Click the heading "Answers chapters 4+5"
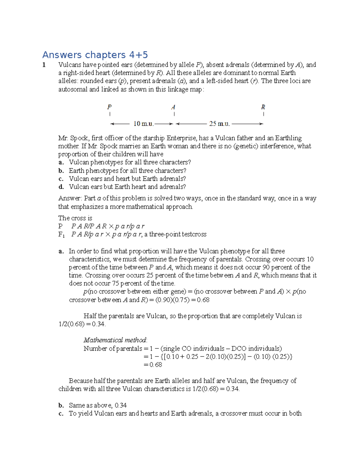[x=95, y=55]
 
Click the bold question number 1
[x=44, y=65]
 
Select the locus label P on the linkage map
[x=109, y=107]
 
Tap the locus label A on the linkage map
[x=173, y=107]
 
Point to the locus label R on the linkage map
[x=263, y=107]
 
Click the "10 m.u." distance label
[x=143, y=124]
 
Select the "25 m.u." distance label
[x=219, y=124]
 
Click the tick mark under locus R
[x=263, y=114]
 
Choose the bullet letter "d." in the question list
[x=61, y=187]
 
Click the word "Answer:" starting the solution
[x=70, y=198]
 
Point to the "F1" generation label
[x=61, y=235]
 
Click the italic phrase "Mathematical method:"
[x=115, y=340]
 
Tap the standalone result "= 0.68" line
[x=153, y=365]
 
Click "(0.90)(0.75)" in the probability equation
[x=172, y=300]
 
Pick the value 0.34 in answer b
[x=121, y=405]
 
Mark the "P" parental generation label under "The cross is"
[x=60, y=226]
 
